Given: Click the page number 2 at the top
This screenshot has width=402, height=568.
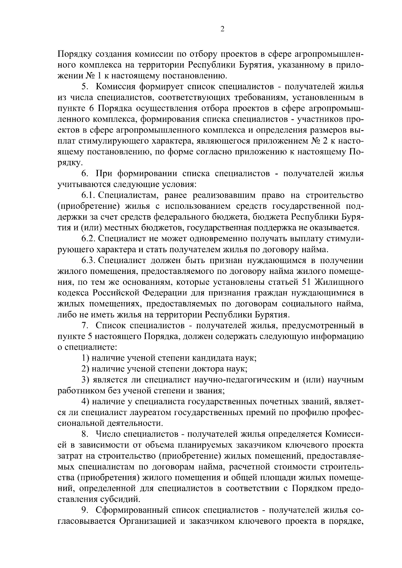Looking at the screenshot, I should pos(222,29).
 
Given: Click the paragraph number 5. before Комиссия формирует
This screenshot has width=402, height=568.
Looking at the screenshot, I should pos(84,87).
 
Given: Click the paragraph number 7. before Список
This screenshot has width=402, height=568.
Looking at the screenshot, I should pos(84,325).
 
